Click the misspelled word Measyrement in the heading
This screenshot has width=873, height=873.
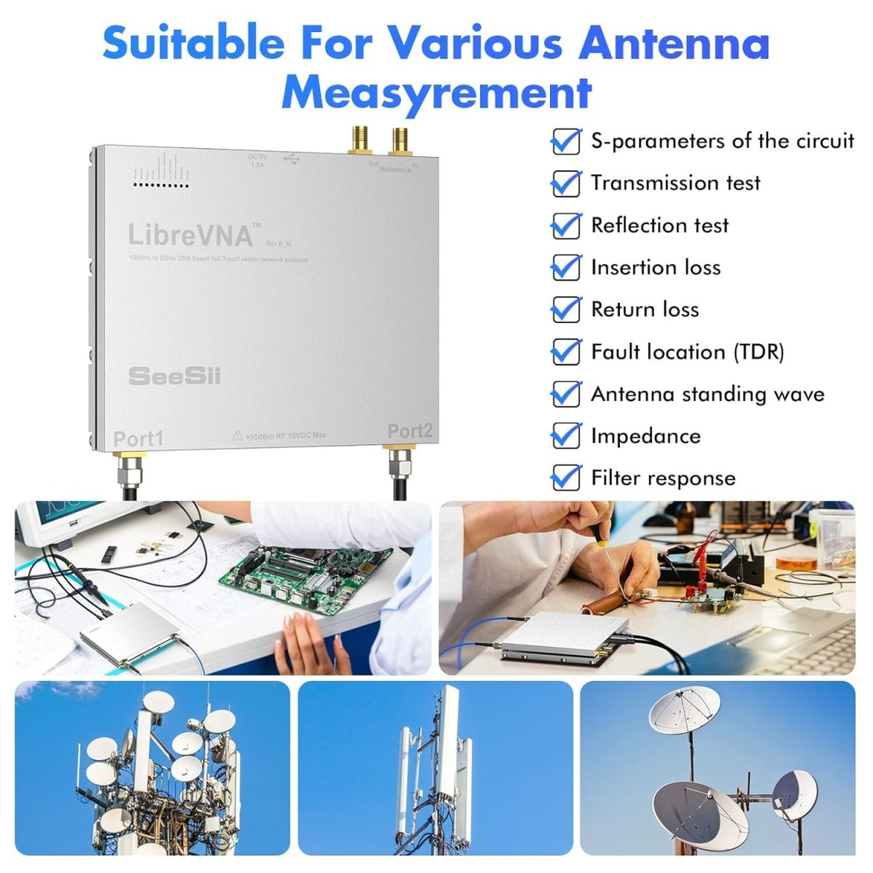436,92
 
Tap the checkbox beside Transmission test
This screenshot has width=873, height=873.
565,183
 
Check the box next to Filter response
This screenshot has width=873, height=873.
565,478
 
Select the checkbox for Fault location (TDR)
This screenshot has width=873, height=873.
565,352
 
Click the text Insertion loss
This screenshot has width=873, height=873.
655,268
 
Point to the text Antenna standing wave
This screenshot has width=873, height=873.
707,395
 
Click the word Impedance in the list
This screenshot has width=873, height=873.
645,436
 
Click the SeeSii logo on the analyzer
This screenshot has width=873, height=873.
174,376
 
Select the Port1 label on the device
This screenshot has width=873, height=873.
139,439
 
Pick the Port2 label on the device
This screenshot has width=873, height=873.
410,431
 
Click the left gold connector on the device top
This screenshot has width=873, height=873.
359,140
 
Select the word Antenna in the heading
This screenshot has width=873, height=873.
675,44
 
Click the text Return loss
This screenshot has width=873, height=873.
644,310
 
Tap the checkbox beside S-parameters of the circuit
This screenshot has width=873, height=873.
565,141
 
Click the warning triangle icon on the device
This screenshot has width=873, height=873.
237,435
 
